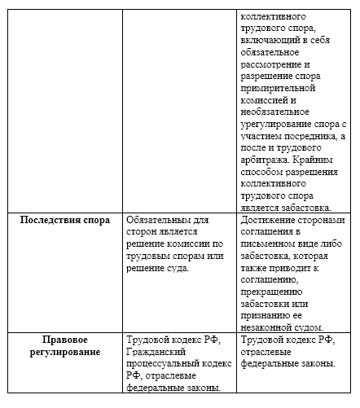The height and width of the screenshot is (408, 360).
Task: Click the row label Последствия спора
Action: coord(64,219)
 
